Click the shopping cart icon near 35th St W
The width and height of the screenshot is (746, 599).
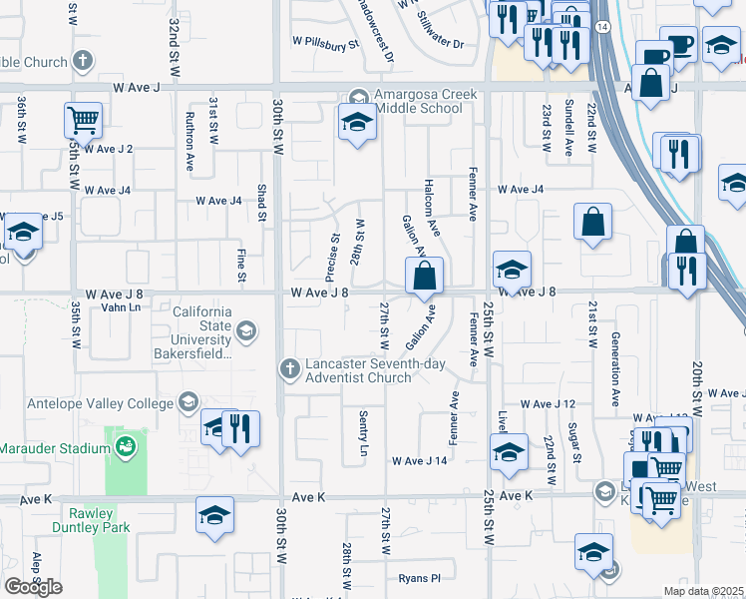tap(84, 121)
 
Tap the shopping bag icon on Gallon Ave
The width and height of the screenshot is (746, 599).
tap(425, 276)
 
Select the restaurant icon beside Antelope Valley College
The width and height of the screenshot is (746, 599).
tap(240, 428)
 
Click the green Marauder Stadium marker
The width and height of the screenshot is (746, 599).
tap(126, 445)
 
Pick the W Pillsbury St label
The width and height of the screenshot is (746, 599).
tap(325, 45)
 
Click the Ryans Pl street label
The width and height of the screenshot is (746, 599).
tap(419, 578)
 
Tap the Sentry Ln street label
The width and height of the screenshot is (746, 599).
tap(363, 435)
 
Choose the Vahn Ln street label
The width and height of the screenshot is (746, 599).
tap(121, 307)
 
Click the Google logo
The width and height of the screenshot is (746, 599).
tap(33, 587)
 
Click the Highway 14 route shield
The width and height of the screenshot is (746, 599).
tap(602, 26)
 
